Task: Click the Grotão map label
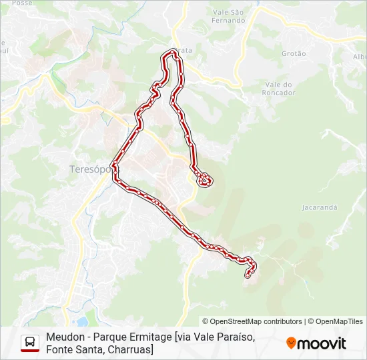coord(294,53)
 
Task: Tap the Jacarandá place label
coord(320,207)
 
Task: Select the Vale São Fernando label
coord(228,16)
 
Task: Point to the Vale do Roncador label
coord(280,89)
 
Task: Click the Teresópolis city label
coord(89,169)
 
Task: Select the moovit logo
coord(316,343)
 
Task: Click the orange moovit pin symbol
coord(291,343)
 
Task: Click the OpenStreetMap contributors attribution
coord(252,321)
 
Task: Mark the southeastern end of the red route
coord(248,274)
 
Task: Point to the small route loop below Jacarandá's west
coord(205,179)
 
